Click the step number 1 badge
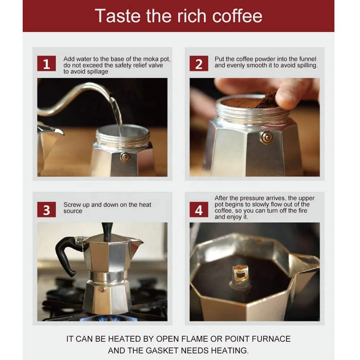[x=46, y=64]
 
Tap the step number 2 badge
[x=199, y=64]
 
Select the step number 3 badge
[x=46, y=210]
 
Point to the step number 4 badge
[x=199, y=210]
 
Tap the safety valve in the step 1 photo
[x=125, y=157]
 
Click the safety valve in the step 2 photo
[x=266, y=138]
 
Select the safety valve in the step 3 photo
[x=103, y=289]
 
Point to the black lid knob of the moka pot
[x=107, y=231]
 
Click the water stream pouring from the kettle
[x=117, y=112]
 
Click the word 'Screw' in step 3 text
[x=72, y=205]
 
